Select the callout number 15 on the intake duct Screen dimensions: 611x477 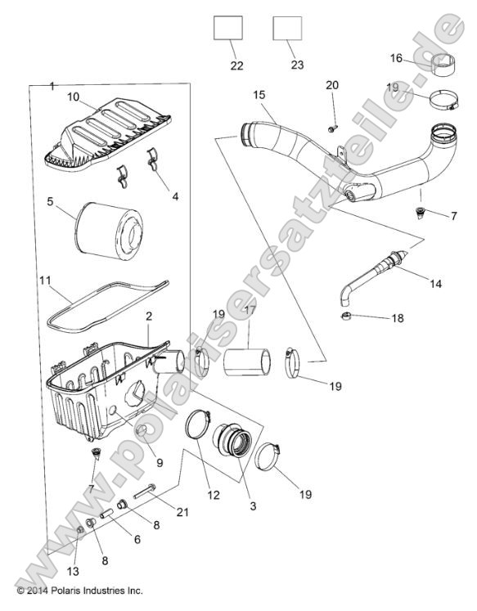259,96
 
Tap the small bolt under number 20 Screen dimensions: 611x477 331,127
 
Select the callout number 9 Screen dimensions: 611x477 159,462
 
